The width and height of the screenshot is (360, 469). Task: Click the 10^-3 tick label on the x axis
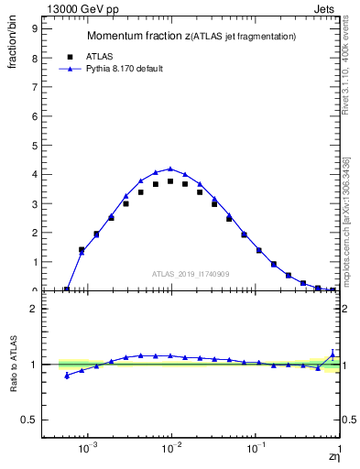(88, 449)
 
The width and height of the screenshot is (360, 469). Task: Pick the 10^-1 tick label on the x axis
(256, 449)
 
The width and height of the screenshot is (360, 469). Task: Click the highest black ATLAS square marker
(170, 181)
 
